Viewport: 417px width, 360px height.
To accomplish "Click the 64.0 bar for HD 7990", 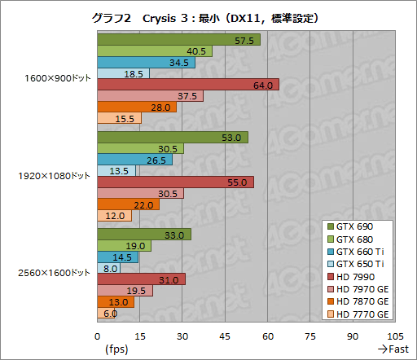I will click(x=188, y=85).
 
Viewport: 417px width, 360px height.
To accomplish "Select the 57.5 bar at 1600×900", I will click(x=179, y=40).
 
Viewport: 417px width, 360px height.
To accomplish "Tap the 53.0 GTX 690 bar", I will click(x=173, y=138).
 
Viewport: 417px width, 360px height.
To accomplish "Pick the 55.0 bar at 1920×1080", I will click(x=175, y=182).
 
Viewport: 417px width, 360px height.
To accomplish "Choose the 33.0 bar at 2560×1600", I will click(x=144, y=235).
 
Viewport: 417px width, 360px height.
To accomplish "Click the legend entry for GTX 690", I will click(x=359, y=226).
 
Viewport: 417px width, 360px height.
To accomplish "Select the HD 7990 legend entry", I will click(x=359, y=278).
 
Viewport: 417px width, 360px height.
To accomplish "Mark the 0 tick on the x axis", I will click(x=98, y=335).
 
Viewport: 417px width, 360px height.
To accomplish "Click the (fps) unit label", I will click(x=116, y=349).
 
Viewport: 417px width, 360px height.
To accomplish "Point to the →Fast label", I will click(x=393, y=349).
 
